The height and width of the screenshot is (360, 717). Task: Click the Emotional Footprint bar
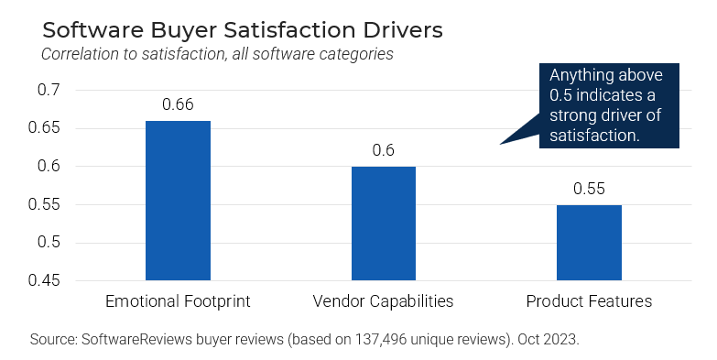coord(178,201)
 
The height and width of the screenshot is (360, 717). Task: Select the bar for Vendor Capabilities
coord(383,224)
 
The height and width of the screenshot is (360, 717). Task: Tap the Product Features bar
coord(589,243)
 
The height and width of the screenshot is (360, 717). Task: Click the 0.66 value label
coord(178,104)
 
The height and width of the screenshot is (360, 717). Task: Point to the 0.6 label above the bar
coord(383,150)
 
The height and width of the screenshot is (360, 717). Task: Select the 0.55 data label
coord(589,189)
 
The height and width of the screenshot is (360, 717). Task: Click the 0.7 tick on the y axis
coord(49,90)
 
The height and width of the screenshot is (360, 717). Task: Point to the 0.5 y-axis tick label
coord(49,243)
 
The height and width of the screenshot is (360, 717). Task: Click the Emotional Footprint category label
coord(178,301)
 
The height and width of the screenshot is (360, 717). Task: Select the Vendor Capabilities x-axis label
coord(383,301)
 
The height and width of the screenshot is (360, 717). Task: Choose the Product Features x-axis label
coord(589,301)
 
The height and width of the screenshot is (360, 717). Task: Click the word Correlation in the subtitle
coord(81,54)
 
